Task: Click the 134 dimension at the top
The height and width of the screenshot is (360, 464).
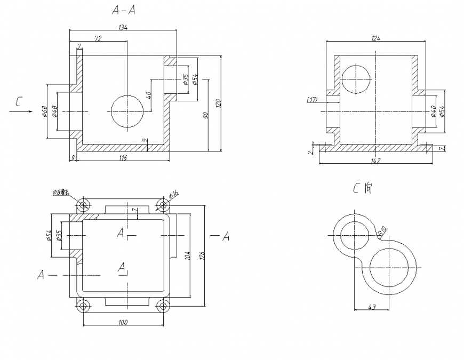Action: tap(123, 28)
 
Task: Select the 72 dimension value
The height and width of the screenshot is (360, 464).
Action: tap(98, 38)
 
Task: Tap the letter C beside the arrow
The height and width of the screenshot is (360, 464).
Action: tap(19, 101)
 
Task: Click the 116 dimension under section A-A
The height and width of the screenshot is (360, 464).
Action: tap(123, 158)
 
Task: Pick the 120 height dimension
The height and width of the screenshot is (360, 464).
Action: tap(218, 103)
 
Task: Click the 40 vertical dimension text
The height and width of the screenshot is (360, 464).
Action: tap(149, 95)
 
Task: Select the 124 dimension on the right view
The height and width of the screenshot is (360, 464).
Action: tap(376, 38)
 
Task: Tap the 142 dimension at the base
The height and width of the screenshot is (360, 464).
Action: tap(375, 160)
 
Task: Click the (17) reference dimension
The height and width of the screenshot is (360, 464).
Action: tap(313, 100)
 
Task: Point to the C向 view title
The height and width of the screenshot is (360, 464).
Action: tap(363, 188)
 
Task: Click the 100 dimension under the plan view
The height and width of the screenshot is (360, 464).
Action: tap(123, 322)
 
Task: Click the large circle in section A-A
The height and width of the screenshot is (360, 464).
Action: tap(127, 111)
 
